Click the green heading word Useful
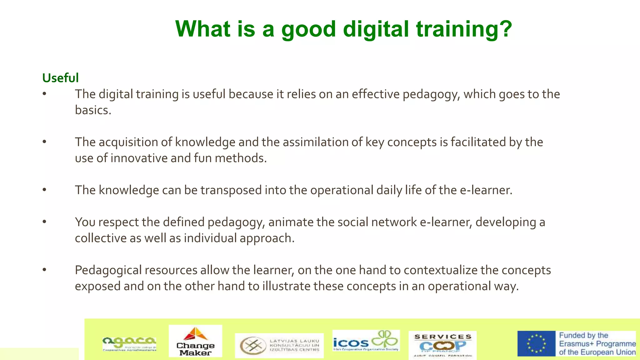point(60,78)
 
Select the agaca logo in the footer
point(129,344)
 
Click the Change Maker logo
point(195,341)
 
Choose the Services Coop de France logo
point(442,345)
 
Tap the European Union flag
point(536,344)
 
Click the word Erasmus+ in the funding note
point(576,344)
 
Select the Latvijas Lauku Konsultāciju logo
point(279,346)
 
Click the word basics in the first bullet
point(93,110)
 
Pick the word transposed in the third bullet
point(231,190)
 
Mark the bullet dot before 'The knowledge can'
point(45,190)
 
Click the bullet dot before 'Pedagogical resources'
point(45,270)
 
